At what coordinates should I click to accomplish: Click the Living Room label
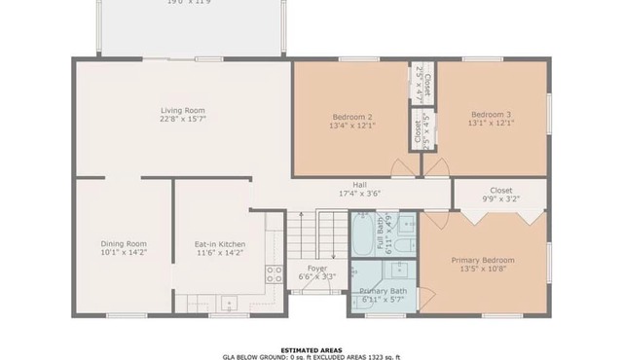click(x=183, y=110)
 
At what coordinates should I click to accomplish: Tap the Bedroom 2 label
click(x=351, y=116)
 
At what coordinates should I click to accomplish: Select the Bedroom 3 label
click(x=491, y=115)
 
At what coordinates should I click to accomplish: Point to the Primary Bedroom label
click(x=482, y=260)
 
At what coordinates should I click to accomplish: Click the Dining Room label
click(x=124, y=243)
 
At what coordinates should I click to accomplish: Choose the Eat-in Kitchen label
click(x=220, y=243)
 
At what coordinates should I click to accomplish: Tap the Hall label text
click(x=359, y=184)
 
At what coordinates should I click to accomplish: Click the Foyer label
click(x=316, y=268)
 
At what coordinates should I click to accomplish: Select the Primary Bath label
click(x=383, y=291)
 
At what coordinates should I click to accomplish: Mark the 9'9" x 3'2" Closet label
click(x=501, y=191)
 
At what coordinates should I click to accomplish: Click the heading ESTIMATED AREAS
click(x=311, y=349)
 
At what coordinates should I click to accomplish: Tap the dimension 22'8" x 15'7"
click(x=183, y=119)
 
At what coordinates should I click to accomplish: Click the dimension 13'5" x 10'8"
click(x=482, y=269)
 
